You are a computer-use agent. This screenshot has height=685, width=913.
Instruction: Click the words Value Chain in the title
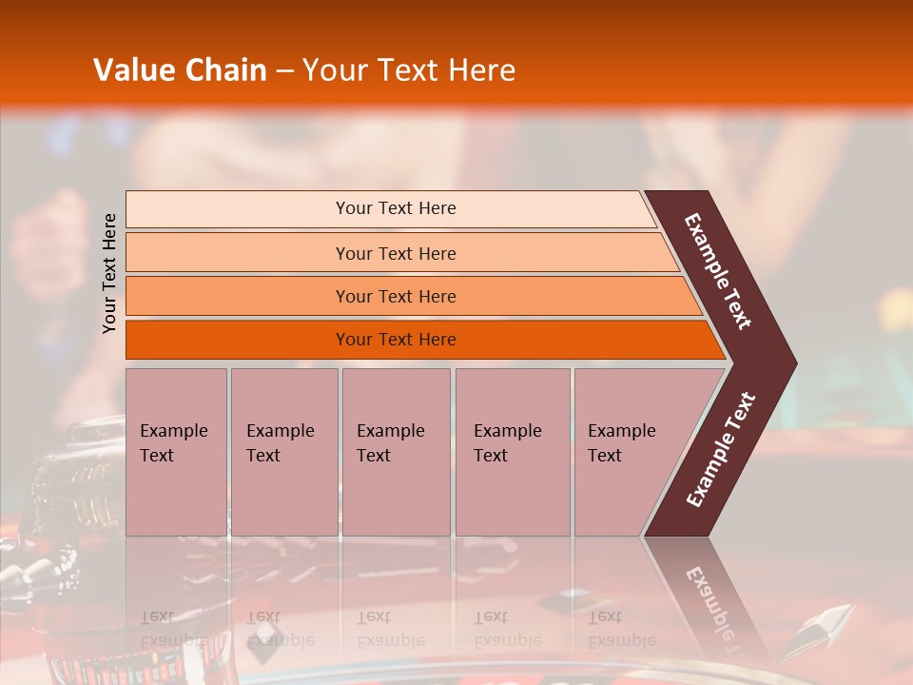(x=180, y=70)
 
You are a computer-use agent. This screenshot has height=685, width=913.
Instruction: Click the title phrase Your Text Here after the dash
(x=409, y=70)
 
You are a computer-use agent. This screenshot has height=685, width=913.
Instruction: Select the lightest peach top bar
(x=238, y=209)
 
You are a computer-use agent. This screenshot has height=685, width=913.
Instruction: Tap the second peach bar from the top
(x=238, y=253)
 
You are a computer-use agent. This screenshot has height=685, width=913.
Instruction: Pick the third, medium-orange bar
(x=238, y=296)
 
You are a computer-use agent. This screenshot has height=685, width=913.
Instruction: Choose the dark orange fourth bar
(x=238, y=340)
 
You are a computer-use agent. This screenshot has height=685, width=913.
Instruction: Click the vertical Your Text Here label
(x=109, y=273)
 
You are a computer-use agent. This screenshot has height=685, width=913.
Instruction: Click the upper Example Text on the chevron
(x=718, y=271)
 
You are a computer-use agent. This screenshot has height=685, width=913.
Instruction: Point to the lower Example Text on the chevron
(x=721, y=450)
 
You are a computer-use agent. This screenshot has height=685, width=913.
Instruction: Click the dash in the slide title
(x=284, y=71)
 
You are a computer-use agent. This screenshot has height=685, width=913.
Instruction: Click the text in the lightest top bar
(x=396, y=208)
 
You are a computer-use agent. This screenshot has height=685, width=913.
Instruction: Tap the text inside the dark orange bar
(x=396, y=340)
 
